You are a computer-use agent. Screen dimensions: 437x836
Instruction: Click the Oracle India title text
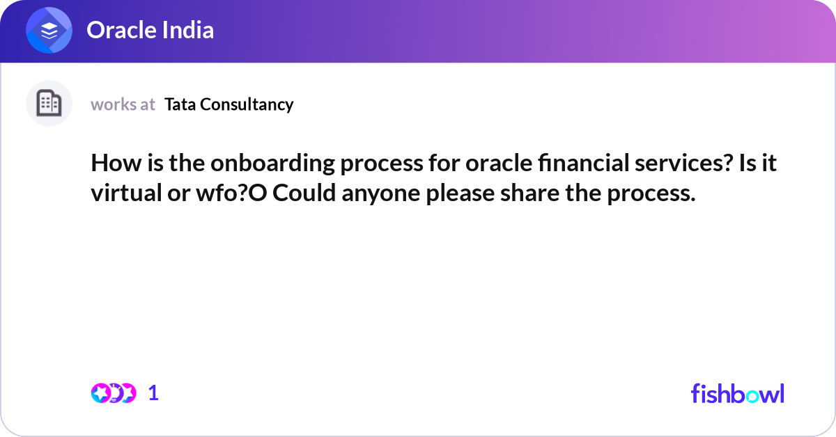[150, 30]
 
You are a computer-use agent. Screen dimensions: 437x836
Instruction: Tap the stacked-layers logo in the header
[49, 31]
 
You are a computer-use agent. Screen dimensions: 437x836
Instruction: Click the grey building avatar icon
[49, 104]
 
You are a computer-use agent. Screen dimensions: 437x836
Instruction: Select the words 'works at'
[123, 104]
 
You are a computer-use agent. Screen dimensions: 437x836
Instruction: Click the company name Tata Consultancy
[229, 104]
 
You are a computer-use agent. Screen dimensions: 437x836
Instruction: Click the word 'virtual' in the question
[126, 193]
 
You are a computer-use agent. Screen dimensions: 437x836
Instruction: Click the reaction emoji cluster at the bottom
[113, 393]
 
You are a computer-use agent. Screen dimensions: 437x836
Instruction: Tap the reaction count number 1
[153, 393]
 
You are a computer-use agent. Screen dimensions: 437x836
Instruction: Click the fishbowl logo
[737, 393]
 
